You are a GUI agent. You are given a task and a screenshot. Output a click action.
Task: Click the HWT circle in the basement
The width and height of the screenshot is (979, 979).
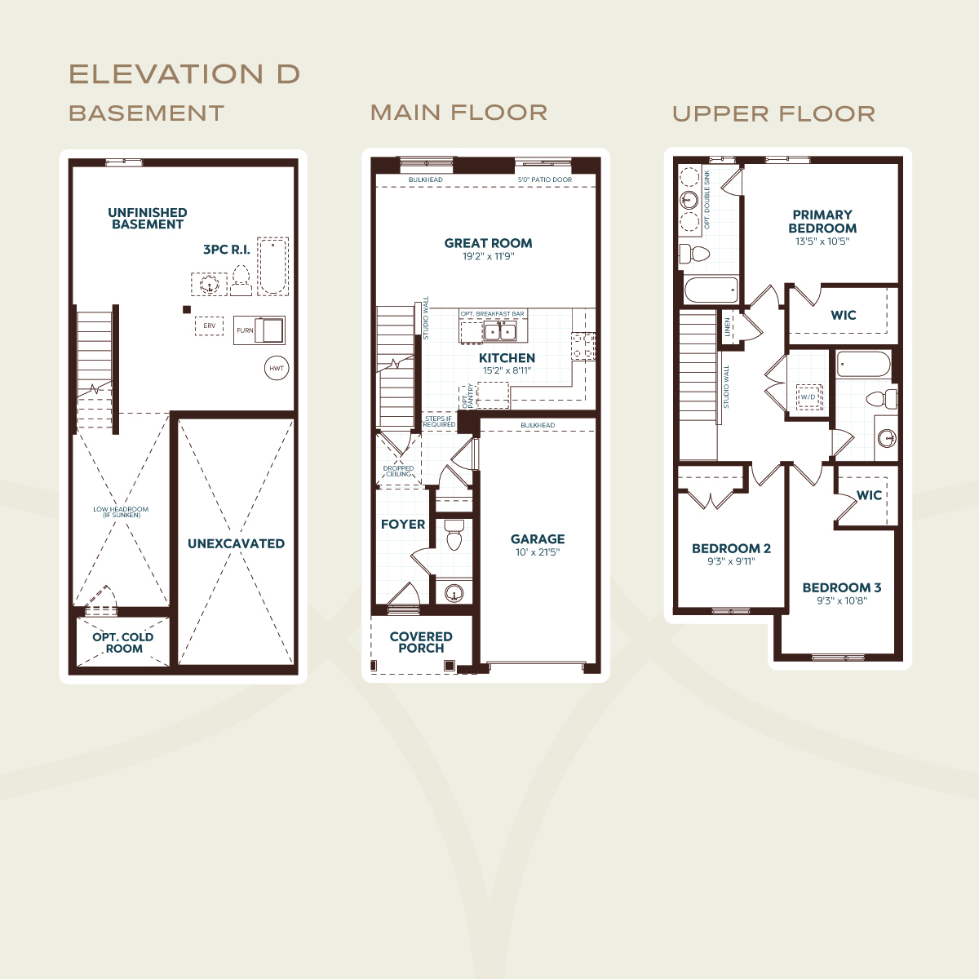[277, 368]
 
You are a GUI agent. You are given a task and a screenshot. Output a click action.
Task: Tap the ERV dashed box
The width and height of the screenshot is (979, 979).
[209, 326]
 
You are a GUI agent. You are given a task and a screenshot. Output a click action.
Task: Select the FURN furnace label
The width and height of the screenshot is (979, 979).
[245, 330]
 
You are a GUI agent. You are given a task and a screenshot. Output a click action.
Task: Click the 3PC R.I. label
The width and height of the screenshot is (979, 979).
[227, 250]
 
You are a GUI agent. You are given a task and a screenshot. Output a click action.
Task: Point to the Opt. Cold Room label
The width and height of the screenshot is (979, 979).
[123, 643]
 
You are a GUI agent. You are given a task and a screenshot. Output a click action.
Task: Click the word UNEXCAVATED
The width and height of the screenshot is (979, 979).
[237, 543]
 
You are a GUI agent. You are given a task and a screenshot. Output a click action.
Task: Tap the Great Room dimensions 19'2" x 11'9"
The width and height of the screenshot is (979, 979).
[488, 256]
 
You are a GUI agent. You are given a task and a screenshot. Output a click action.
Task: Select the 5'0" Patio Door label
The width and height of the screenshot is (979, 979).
[545, 179]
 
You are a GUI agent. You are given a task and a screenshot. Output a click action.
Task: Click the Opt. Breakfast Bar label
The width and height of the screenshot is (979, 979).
[492, 314]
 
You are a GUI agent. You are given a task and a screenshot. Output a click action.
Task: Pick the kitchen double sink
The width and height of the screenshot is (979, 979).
[499, 331]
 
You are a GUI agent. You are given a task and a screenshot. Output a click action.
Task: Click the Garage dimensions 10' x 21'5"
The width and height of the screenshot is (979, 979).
[538, 552]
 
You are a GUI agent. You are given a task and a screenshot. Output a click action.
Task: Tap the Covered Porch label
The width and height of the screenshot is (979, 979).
[421, 642]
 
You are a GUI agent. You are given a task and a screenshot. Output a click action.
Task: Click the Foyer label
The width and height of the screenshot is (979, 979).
[403, 525]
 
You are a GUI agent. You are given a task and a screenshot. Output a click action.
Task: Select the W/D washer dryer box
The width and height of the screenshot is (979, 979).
[808, 396]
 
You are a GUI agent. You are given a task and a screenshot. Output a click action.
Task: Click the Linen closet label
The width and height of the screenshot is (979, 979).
[727, 327]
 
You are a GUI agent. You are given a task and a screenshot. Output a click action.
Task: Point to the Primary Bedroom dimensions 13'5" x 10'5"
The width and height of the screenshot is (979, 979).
[822, 241]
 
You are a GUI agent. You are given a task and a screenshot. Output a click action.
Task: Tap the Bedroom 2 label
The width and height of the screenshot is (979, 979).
[731, 549]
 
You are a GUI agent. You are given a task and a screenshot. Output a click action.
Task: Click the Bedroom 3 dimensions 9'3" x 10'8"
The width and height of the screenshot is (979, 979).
[842, 601]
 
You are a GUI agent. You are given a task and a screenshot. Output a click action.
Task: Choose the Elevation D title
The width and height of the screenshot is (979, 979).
[184, 74]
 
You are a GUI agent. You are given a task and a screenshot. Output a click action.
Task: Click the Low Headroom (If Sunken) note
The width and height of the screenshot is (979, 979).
[121, 512]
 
